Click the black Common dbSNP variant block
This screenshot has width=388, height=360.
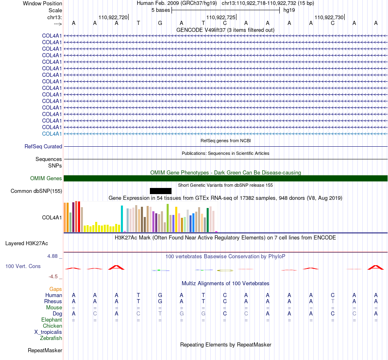pyautogui.click(x=161, y=191)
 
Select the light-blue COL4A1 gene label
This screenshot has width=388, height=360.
pyautogui.click(x=52, y=134)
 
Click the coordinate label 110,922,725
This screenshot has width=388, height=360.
pyautogui.click(x=221, y=17)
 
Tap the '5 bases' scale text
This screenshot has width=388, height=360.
pyautogui.click(x=161, y=10)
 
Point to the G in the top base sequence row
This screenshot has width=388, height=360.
pyautogui.click(x=160, y=23)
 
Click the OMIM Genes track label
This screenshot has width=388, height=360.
pyautogui.click(x=46, y=178)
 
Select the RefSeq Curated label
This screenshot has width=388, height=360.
pyautogui.click(x=43, y=146)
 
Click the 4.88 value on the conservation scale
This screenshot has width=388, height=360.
pyautogui.click(x=52, y=256)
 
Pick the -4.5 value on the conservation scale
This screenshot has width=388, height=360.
pyautogui.click(x=53, y=276)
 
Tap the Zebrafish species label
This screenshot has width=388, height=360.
pyautogui.click(x=51, y=338)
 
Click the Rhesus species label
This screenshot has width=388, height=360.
pyautogui.click(x=53, y=301)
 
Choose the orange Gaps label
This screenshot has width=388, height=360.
pyautogui.click(x=56, y=289)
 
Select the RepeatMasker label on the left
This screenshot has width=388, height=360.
pyautogui.click(x=45, y=350)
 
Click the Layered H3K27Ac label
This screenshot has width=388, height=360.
pyautogui.click(x=27, y=244)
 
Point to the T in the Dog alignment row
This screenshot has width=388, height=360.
pyautogui.click(x=160, y=313)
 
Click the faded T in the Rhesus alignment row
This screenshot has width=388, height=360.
pyautogui.click(x=332, y=301)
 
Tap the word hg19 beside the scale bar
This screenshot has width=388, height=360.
pyautogui.click(x=289, y=10)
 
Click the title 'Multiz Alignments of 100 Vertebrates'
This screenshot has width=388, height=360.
pyautogui.click(x=225, y=283)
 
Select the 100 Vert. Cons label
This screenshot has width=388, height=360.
pyautogui.click(x=23, y=266)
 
